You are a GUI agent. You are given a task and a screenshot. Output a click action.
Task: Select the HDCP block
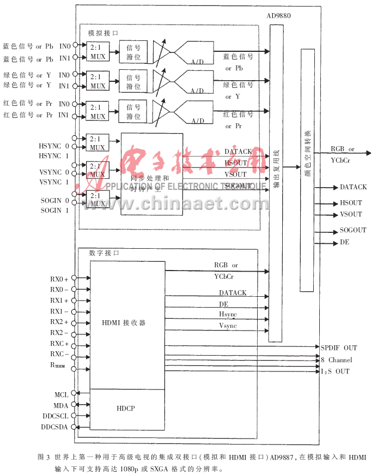coord(126,408)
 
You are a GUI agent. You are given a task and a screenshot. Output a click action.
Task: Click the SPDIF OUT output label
coord(339,347)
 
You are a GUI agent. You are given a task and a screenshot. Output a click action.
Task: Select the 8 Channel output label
coord(336,359)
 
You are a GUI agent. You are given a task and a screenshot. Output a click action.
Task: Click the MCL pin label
coord(60,394)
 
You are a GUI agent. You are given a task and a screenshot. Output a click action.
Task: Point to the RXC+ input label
coord(59,344)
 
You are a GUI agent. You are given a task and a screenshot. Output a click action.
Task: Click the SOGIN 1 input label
coord(55,210)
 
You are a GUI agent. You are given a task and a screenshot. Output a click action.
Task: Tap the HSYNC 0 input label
coord(54,146)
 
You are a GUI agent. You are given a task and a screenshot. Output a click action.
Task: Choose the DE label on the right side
coord(344,242)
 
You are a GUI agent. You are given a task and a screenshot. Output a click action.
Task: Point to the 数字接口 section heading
coord(104,253)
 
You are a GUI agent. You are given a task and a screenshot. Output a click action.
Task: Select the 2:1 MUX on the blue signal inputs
coord(98,51)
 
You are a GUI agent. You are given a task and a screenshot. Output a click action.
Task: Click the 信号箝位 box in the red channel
coord(133,112)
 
